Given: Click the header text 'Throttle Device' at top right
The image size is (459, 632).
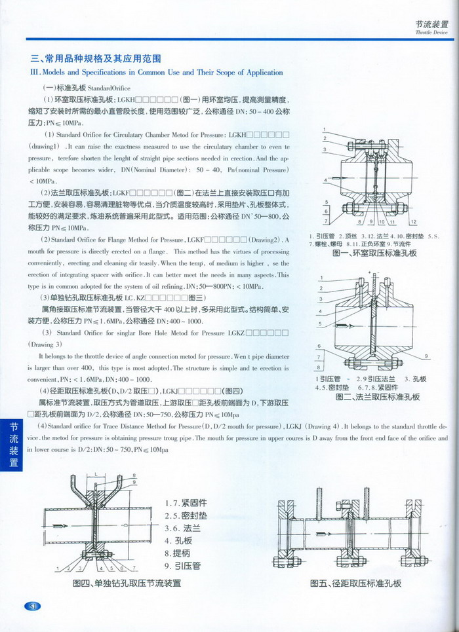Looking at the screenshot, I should tap(431, 31).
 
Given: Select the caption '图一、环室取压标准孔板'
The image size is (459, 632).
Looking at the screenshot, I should tap(374, 253).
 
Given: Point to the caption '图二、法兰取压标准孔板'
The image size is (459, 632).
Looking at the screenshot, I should tap(377, 397).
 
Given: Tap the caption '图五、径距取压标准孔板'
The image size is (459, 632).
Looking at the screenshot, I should tap(355, 583).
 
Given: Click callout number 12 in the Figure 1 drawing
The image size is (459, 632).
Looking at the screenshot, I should tap(414, 221).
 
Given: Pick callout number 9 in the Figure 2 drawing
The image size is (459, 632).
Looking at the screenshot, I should tap(426, 356).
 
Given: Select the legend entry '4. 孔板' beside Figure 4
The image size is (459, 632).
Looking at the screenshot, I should tap(178, 542).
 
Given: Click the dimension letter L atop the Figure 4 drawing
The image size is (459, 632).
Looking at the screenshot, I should tap(96, 472).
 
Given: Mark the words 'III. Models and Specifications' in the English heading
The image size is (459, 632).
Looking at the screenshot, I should tap(79, 72).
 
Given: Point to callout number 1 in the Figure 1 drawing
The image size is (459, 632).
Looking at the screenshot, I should tap(324, 130).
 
